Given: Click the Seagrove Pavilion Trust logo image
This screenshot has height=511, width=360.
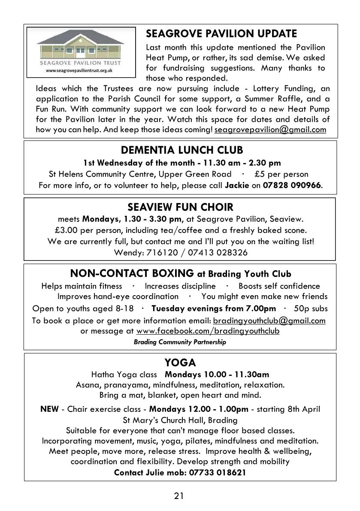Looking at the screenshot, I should coord(82,52).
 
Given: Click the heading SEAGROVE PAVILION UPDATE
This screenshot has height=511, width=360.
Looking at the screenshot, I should coord(221,33).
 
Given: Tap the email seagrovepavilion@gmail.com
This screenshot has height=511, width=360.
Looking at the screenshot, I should coord(270,129).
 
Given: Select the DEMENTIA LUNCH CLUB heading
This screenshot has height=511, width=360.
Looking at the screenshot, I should coord(182,150).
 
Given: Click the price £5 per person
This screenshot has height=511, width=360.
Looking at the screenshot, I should coord(281,174).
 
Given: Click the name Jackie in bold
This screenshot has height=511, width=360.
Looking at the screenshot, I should coord(237,185).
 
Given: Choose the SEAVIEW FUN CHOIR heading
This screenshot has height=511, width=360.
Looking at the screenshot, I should coord(180,208).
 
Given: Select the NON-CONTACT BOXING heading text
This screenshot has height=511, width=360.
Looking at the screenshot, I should coord(132,273).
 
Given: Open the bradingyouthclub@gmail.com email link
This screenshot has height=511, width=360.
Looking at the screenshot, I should coord(269,320).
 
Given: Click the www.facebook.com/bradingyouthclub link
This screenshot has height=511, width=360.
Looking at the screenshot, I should coord(208,331).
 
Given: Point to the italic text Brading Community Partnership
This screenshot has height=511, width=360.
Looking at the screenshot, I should coord(180,342).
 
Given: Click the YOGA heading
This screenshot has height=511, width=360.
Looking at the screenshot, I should coord(180,363).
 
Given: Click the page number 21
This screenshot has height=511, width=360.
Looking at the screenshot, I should coord(179,496).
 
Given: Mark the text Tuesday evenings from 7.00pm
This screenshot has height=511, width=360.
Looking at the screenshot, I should coord(214,308).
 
